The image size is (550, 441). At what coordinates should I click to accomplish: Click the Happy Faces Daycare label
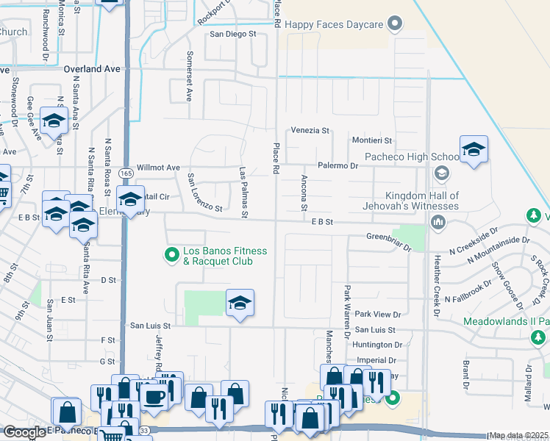click(335, 24)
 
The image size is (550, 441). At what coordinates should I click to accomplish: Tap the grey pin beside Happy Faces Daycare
click(396, 24)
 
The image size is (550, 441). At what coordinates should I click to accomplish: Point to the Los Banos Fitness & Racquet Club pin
click(171, 256)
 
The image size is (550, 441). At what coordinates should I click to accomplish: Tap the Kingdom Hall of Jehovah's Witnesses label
click(412, 201)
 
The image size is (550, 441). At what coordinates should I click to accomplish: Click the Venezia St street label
click(310, 130)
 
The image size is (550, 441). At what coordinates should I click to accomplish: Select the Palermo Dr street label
click(337, 166)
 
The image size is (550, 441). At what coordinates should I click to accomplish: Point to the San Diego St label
click(232, 34)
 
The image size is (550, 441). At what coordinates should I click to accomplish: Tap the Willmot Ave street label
click(158, 168)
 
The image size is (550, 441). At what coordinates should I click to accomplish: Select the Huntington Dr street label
click(377, 344)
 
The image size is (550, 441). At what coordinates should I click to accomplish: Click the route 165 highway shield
click(125, 173)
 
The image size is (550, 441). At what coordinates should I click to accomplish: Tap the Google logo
click(24, 432)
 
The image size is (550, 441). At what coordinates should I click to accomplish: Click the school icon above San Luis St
click(239, 304)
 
